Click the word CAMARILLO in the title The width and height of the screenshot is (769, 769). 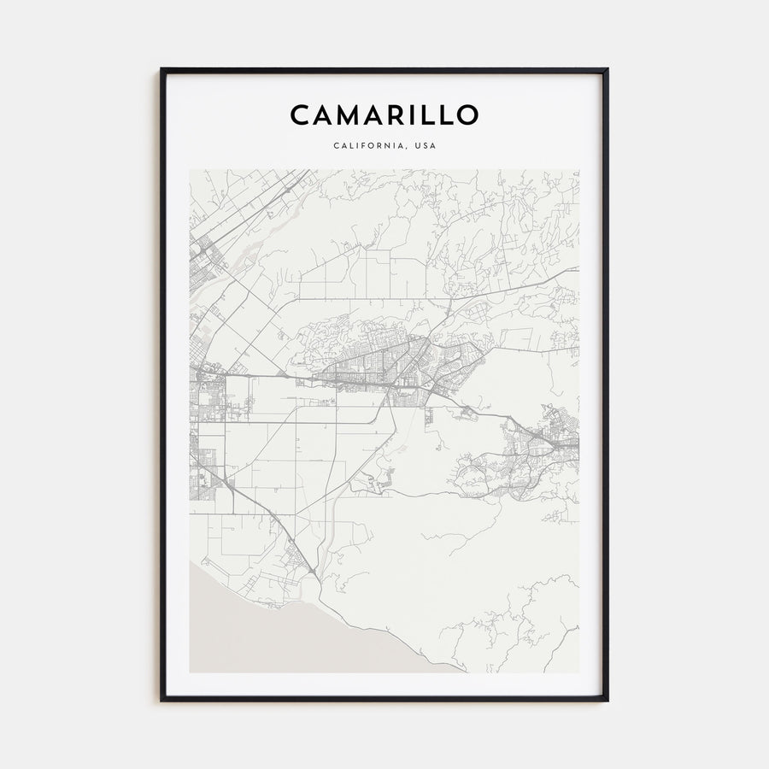click(x=384, y=114)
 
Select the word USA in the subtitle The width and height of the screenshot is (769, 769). click(x=425, y=145)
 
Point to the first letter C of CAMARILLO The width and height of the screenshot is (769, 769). click(x=299, y=114)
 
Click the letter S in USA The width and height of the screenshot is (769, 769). click(x=425, y=145)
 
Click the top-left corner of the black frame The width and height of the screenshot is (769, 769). click(x=161, y=69)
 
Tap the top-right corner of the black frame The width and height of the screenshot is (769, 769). click(x=608, y=69)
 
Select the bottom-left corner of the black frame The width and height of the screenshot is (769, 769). click(x=161, y=701)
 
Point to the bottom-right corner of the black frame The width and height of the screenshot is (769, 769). click(x=608, y=701)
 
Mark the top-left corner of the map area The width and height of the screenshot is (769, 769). click(x=190, y=169)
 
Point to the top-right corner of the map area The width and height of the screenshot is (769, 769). click(x=578, y=169)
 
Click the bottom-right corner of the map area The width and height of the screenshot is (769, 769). click(x=578, y=672)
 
